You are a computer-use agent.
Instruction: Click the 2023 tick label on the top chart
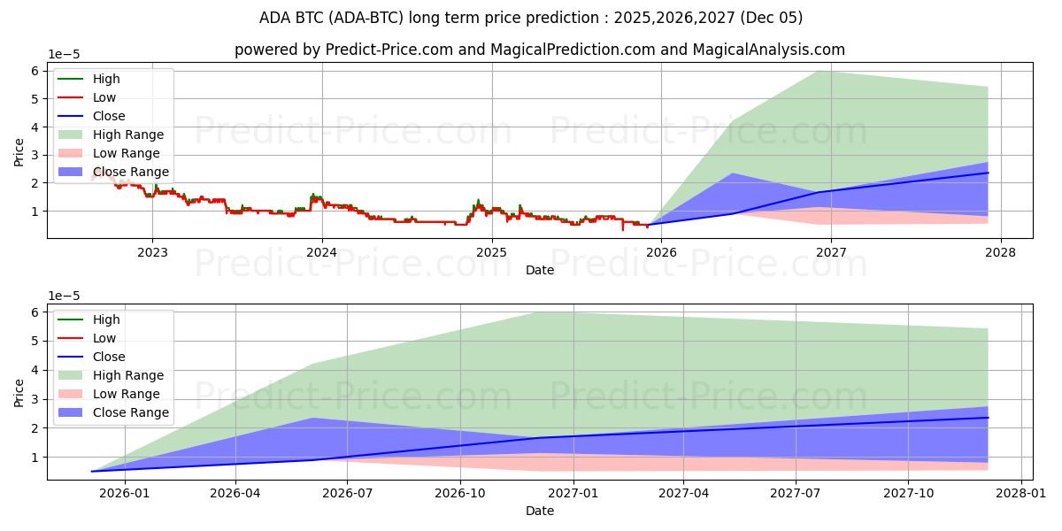pyautogui.click(x=152, y=252)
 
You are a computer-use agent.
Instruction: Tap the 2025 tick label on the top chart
pyautogui.click(x=491, y=252)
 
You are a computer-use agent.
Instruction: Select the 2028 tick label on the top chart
pyautogui.click(x=1000, y=252)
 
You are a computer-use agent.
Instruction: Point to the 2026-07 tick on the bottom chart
pyautogui.click(x=347, y=493)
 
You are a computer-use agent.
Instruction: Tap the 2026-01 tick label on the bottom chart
pyautogui.click(x=124, y=493)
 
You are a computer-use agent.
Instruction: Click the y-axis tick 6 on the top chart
pyautogui.click(x=35, y=71)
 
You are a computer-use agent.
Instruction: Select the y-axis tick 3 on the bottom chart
pyautogui.click(x=35, y=399)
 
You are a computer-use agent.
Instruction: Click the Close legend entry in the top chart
pyautogui.click(x=109, y=116)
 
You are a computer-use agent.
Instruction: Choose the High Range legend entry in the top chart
pyautogui.click(x=128, y=135)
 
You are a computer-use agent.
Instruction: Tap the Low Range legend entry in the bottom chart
pyautogui.click(x=127, y=394)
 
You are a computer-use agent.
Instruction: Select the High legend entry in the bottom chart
pyautogui.click(x=106, y=319)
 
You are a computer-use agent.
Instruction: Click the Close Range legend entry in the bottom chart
pyautogui.click(x=130, y=412)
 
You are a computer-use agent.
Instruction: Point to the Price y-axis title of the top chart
pyautogui.click(x=19, y=151)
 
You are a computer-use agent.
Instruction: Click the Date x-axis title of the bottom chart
pyautogui.click(x=540, y=511)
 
